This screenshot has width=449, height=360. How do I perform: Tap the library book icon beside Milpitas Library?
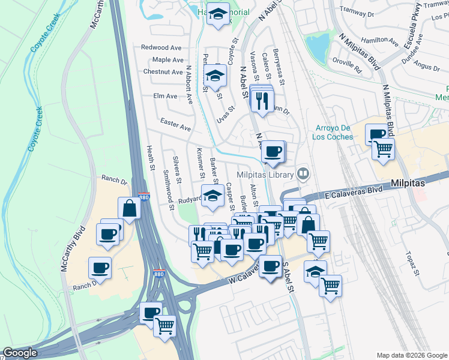304,175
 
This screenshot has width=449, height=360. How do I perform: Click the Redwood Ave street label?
161,47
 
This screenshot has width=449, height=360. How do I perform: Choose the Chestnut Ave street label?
163,72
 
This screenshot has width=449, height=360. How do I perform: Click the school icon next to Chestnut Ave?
214,76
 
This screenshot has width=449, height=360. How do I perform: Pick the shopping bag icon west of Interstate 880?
130,208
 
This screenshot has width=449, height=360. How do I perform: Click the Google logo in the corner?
20,353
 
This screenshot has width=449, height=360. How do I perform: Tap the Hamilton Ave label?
379,41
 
